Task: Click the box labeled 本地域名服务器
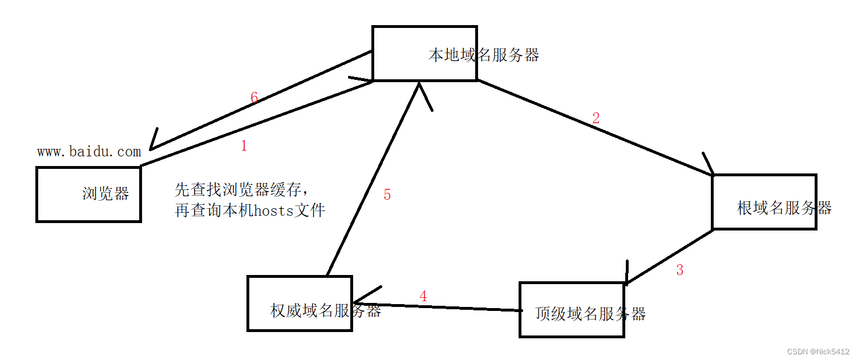pyautogui.click(x=424, y=53)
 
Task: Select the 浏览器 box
pyautogui.click(x=88, y=194)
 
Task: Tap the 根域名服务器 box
pyautogui.click(x=764, y=203)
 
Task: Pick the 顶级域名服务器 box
pyautogui.click(x=572, y=310)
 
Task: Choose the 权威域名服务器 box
pyautogui.click(x=300, y=304)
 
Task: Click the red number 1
pyautogui.click(x=244, y=146)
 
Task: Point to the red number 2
pyautogui.click(x=596, y=119)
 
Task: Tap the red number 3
pyautogui.click(x=679, y=270)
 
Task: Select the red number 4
pyautogui.click(x=423, y=297)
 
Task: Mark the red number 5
pyautogui.click(x=387, y=195)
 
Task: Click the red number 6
pyautogui.click(x=254, y=98)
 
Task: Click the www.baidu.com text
pyautogui.click(x=89, y=152)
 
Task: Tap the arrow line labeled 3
pyautogui.click(x=669, y=256)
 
